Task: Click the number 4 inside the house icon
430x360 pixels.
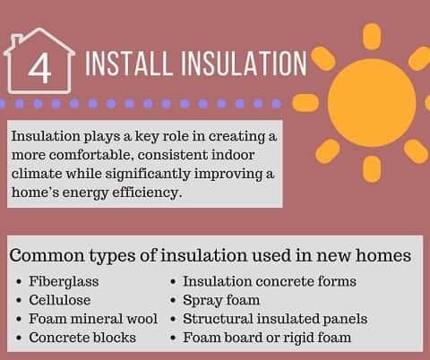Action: coord(40,69)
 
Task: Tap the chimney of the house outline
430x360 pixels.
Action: coord(16,42)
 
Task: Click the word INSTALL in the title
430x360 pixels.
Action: coord(129,64)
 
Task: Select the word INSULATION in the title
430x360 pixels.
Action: coord(244,64)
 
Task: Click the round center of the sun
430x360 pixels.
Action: coord(372,102)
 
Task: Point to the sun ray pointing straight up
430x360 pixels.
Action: coord(372,37)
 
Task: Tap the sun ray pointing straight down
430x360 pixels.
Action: coord(372,169)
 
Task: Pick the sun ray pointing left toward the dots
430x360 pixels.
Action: coord(305,103)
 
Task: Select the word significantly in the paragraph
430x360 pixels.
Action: coord(148,175)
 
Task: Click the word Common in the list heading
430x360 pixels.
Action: coord(47,256)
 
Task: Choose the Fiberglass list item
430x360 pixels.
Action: coord(64,281)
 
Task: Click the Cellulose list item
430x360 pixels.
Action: coord(60,300)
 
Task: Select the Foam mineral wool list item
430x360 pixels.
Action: coord(93,319)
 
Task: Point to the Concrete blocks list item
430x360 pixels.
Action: coord(82,338)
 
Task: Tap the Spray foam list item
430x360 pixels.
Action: coord(221,300)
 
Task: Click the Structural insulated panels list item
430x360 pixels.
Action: coord(275,319)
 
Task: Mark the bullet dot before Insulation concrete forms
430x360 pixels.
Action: coord(173,282)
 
